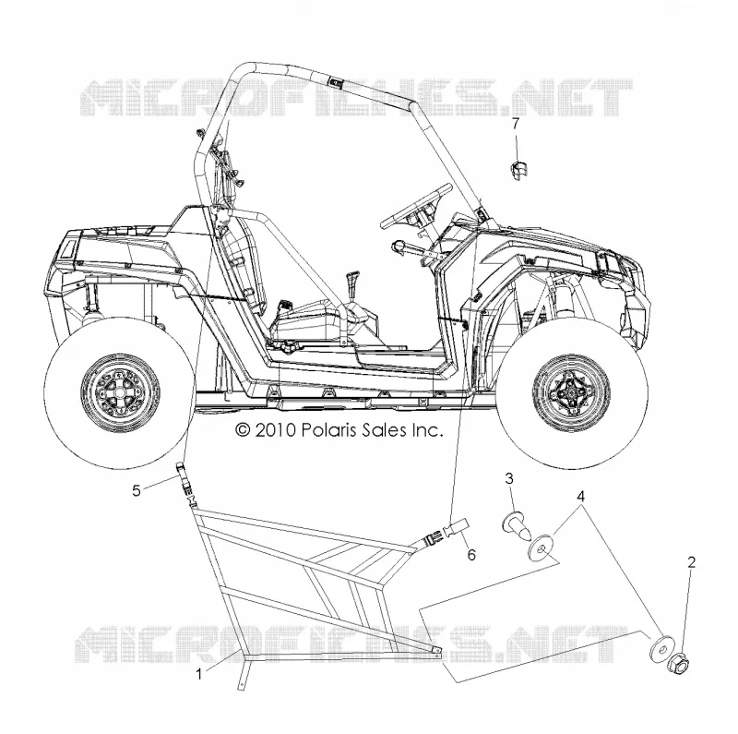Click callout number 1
(x=199, y=674)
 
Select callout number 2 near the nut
(x=691, y=562)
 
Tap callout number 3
(x=509, y=478)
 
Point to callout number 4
(x=581, y=496)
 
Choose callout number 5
(x=136, y=490)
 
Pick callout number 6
(x=471, y=555)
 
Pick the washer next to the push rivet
(x=542, y=547)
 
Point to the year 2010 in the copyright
(x=275, y=430)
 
